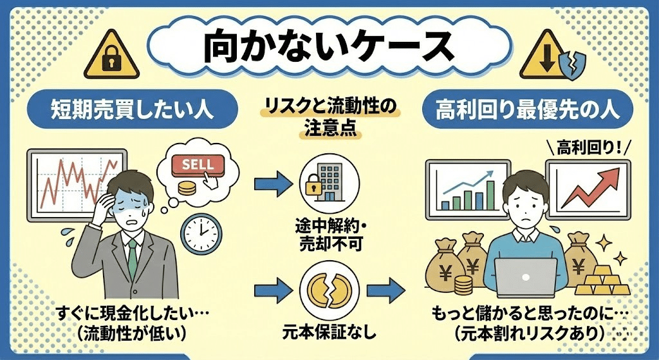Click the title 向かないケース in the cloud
329,48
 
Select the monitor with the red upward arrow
586,186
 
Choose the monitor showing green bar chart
463,187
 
